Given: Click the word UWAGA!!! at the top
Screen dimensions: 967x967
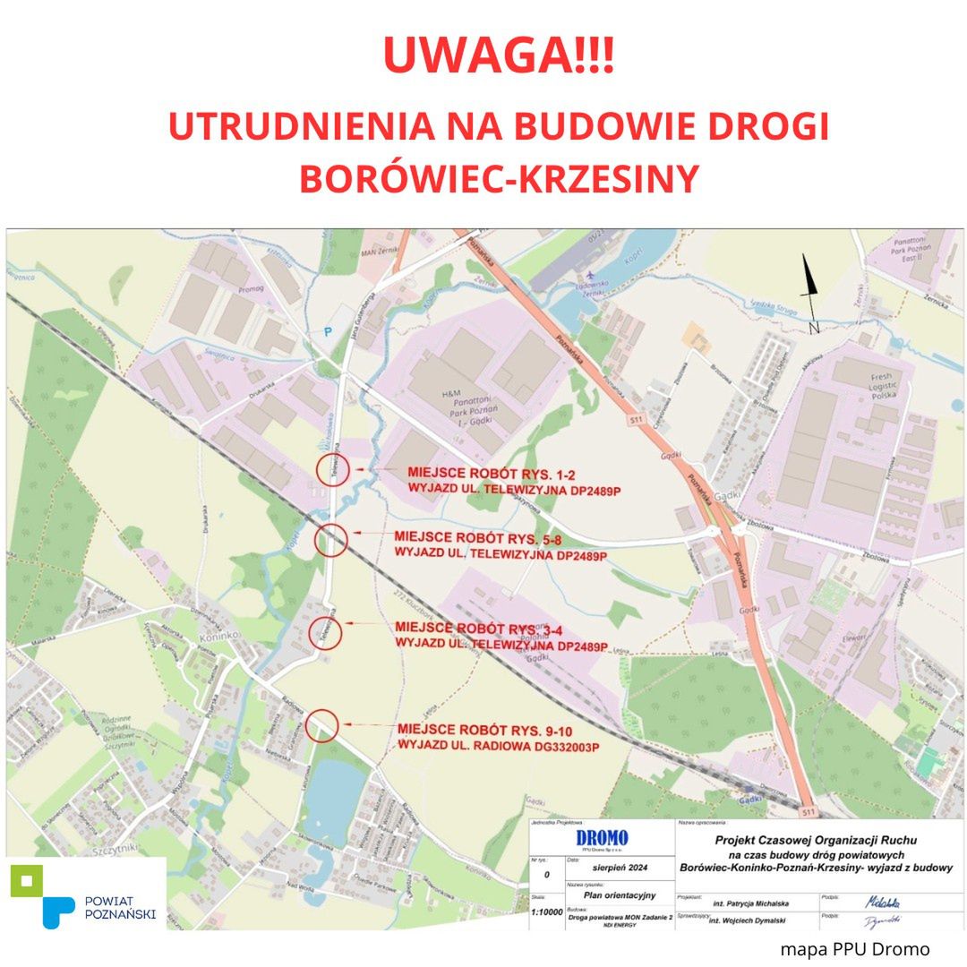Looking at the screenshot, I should pos(498,56).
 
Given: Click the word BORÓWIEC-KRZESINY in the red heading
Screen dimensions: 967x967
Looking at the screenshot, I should pos(498,178).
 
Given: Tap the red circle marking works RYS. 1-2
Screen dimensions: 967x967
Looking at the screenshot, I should pos(331,469).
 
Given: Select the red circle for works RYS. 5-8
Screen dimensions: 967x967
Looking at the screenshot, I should pos(330,540).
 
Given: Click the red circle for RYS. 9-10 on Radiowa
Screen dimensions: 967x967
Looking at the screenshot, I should pos(321,725).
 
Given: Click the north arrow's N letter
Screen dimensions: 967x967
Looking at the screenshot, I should pos(814,329).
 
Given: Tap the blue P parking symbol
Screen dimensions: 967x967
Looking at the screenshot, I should pos(328,331).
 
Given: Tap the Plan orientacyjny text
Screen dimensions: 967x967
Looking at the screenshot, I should pos(620,894).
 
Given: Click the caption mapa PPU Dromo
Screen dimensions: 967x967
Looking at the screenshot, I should pos(854,949).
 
